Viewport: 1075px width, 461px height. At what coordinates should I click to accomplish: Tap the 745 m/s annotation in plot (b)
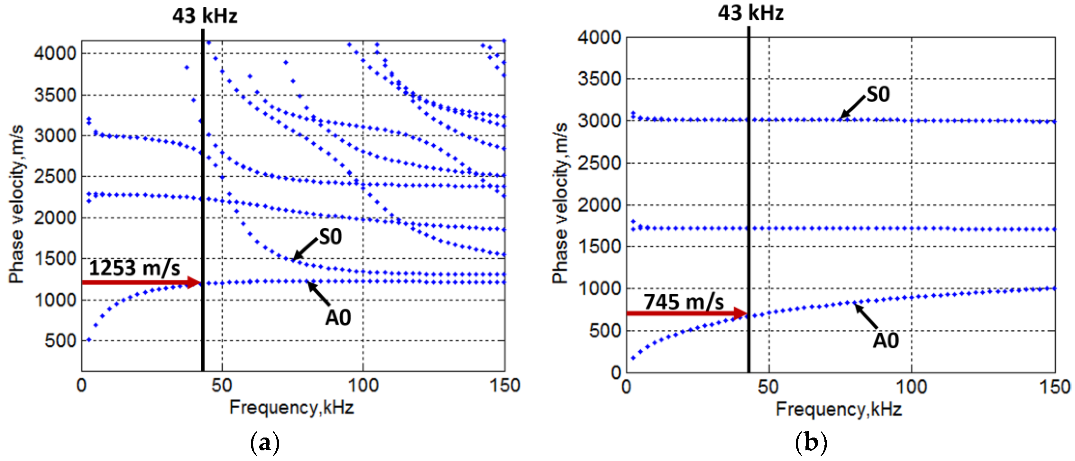pyautogui.click(x=684, y=302)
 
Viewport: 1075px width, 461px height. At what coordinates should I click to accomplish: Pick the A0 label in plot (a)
pyautogui.click(x=338, y=318)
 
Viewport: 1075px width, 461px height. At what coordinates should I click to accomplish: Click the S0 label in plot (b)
pyautogui.click(x=878, y=94)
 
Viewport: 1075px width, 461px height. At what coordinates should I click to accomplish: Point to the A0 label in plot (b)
pyautogui.click(x=886, y=340)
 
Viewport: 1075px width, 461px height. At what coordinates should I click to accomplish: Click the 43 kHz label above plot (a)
pyautogui.click(x=205, y=16)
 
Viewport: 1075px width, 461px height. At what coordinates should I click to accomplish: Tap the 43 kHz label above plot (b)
pyautogui.click(x=751, y=13)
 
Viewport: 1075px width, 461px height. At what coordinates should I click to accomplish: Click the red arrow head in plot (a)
pyautogui.click(x=194, y=282)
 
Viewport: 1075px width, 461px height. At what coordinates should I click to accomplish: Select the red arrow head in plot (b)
pyautogui.click(x=740, y=313)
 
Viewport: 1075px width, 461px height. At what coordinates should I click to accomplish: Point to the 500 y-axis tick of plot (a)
pyautogui.click(x=61, y=341)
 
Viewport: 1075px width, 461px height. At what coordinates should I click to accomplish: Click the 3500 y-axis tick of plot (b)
pyautogui.click(x=599, y=79)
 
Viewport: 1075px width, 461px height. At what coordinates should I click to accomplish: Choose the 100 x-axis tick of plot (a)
pyautogui.click(x=363, y=385)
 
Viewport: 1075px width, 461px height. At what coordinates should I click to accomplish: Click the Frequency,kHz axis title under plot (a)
pyautogui.click(x=291, y=407)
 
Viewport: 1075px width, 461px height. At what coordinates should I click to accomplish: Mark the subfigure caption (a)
pyautogui.click(x=265, y=443)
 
